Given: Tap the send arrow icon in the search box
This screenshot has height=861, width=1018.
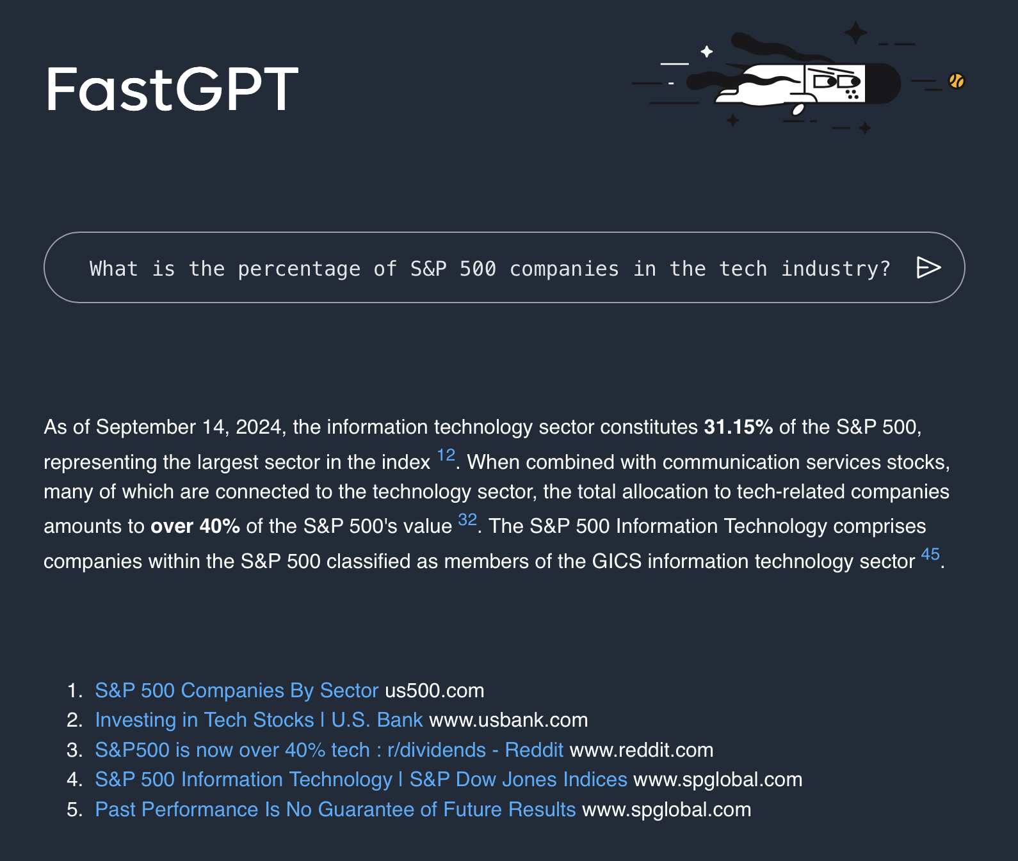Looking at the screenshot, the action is pos(928,267).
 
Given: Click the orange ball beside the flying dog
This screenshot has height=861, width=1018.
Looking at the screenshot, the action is pos(957,81).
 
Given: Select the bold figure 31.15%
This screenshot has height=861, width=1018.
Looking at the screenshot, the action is pos(738,427).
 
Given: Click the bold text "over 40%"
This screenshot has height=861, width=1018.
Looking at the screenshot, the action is pos(195,526).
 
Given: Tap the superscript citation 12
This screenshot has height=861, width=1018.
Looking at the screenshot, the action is pos(446,455).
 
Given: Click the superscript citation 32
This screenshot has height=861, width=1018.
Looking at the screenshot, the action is pos(468,519).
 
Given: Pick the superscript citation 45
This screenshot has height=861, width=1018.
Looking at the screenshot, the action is pos(930,554).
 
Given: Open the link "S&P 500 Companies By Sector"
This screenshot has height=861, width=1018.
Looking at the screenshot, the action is pos(237,690).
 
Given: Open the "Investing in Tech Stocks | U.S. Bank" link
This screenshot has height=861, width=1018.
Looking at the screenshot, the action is pos(259,720).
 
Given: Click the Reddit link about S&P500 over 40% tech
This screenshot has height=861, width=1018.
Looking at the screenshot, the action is pos(329,750).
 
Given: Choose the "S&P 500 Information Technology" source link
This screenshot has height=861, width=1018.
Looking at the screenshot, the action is pos(361,779).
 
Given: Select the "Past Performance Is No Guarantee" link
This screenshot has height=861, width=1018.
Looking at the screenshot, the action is pos(335,809).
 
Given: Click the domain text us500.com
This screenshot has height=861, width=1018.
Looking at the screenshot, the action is pos(435,690).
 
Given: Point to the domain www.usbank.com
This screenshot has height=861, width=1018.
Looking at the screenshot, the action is pos(508,720).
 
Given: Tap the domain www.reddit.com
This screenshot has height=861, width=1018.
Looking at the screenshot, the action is pos(642,750).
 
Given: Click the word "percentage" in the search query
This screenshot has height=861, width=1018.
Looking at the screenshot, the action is pos(299,269).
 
